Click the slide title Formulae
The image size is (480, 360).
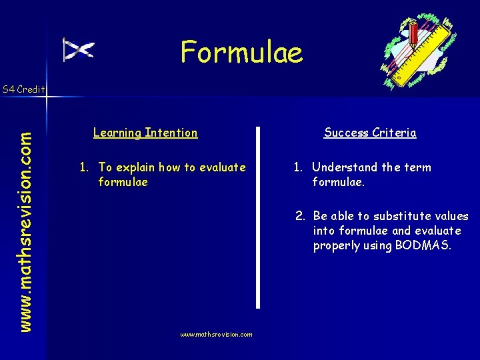coord(241,52)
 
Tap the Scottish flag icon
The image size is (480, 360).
coord(78,50)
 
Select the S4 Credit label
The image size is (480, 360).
coord(23,89)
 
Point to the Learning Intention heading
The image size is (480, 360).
coord(145,133)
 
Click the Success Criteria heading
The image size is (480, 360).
coord(370,133)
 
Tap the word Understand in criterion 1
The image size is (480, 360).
coord(345,167)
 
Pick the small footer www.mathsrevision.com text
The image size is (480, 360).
coord(216,335)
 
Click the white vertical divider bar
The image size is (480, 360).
coord(257,217)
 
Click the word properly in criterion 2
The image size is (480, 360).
coord(337,246)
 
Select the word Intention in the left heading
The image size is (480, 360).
coord(171,133)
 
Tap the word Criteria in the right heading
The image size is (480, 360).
coord(394,133)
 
